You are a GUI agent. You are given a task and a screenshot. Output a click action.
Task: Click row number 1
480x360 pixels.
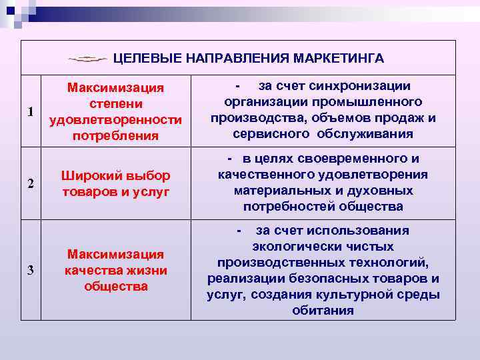point(31,111)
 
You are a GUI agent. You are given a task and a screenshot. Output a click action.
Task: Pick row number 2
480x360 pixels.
point(31,185)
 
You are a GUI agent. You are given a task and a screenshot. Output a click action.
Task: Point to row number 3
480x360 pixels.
point(31,269)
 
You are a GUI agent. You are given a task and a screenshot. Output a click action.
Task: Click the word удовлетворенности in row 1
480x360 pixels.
point(116,120)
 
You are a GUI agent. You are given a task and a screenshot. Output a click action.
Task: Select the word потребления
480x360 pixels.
point(116,136)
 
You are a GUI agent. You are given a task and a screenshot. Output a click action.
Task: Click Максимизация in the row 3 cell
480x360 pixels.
point(116,254)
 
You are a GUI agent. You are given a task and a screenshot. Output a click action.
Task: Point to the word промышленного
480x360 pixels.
point(379,102)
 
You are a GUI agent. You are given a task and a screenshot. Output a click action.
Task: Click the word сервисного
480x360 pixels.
point(266,134)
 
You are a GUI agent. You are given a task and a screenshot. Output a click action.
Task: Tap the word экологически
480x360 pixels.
point(290,246)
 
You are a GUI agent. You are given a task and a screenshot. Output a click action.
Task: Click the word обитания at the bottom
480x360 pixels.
point(323,310)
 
